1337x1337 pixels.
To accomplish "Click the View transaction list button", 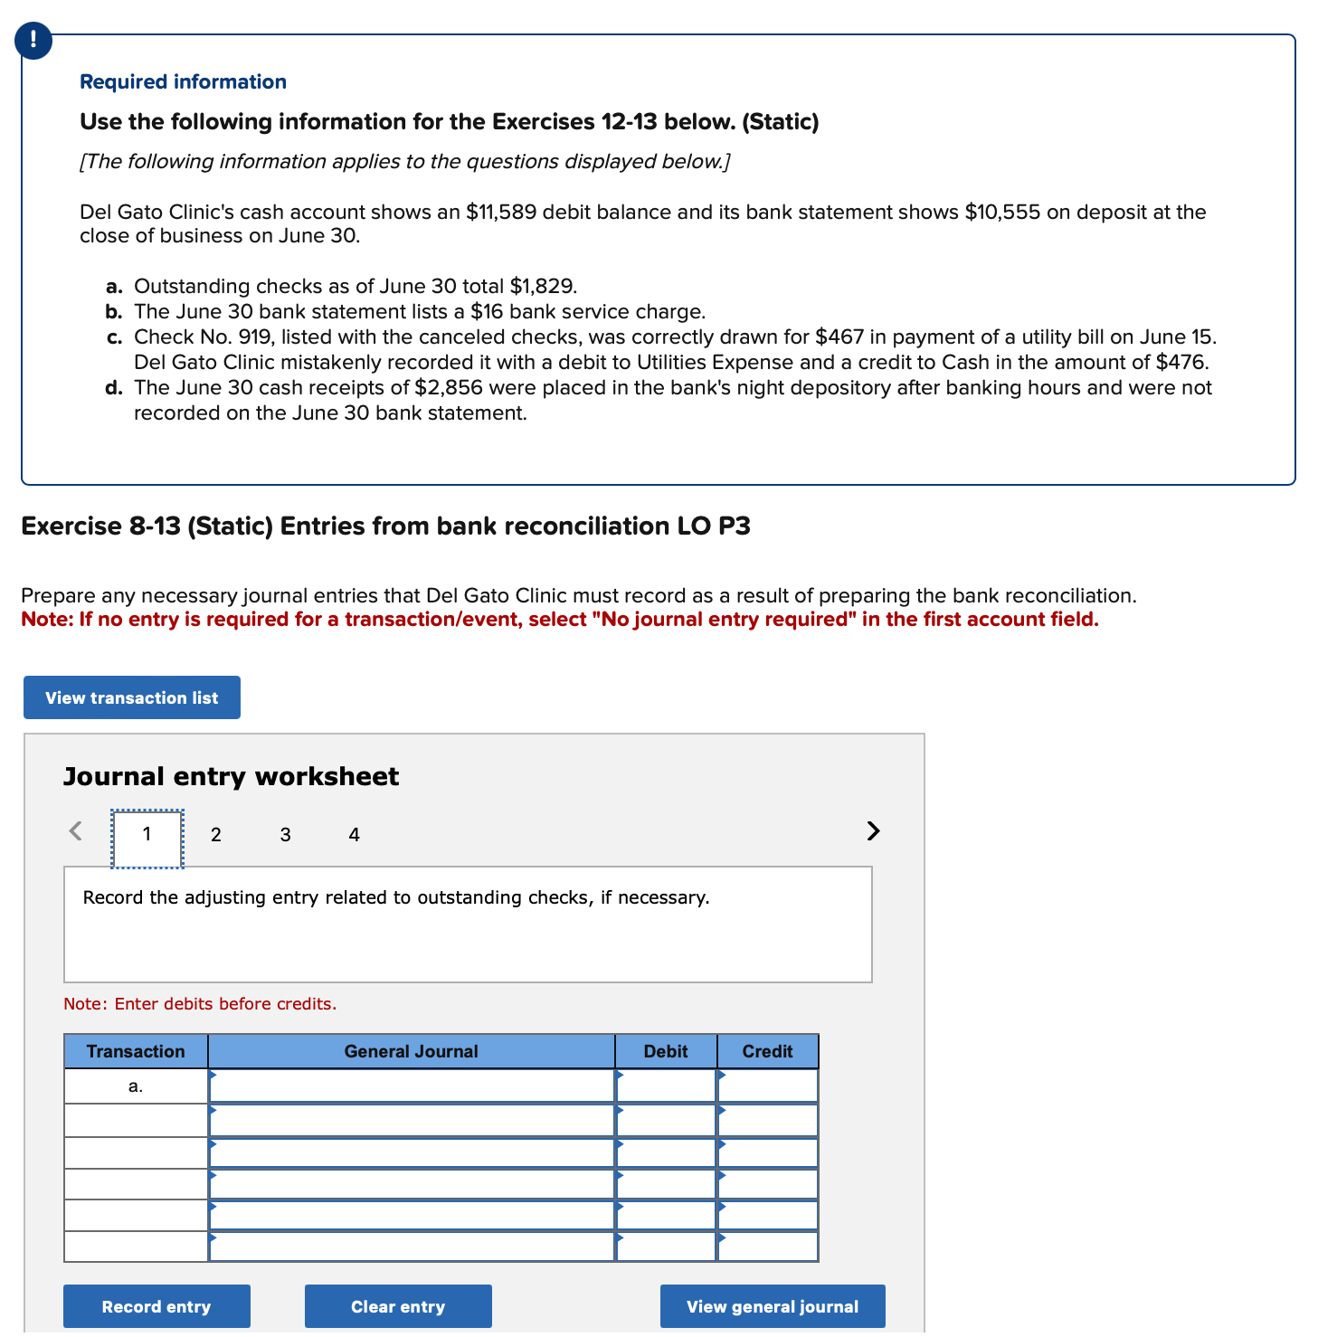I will [132, 697].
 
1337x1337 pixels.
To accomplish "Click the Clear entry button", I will [398, 1306].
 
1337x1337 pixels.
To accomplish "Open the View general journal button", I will [773, 1306].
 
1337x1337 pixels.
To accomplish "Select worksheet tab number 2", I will [215, 834].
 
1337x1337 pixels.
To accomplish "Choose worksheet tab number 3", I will [285, 834].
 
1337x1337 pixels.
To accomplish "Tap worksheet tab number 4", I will [354, 834].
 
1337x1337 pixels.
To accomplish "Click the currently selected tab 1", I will [147, 834].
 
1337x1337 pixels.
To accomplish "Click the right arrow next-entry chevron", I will [872, 830].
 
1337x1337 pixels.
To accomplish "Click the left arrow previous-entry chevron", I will [76, 830].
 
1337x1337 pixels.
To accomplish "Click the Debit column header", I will [666, 1051].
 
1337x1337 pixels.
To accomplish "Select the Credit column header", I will [767, 1051].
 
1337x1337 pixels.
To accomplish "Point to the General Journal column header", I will [411, 1051].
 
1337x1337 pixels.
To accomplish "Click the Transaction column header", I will [136, 1051].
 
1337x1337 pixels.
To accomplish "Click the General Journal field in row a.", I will [412, 1086].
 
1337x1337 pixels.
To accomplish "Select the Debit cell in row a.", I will [666, 1086].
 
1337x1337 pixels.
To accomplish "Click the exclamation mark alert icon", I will [33, 40].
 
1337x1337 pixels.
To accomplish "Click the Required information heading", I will [183, 81].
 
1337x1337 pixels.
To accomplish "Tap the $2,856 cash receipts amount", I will [448, 387].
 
